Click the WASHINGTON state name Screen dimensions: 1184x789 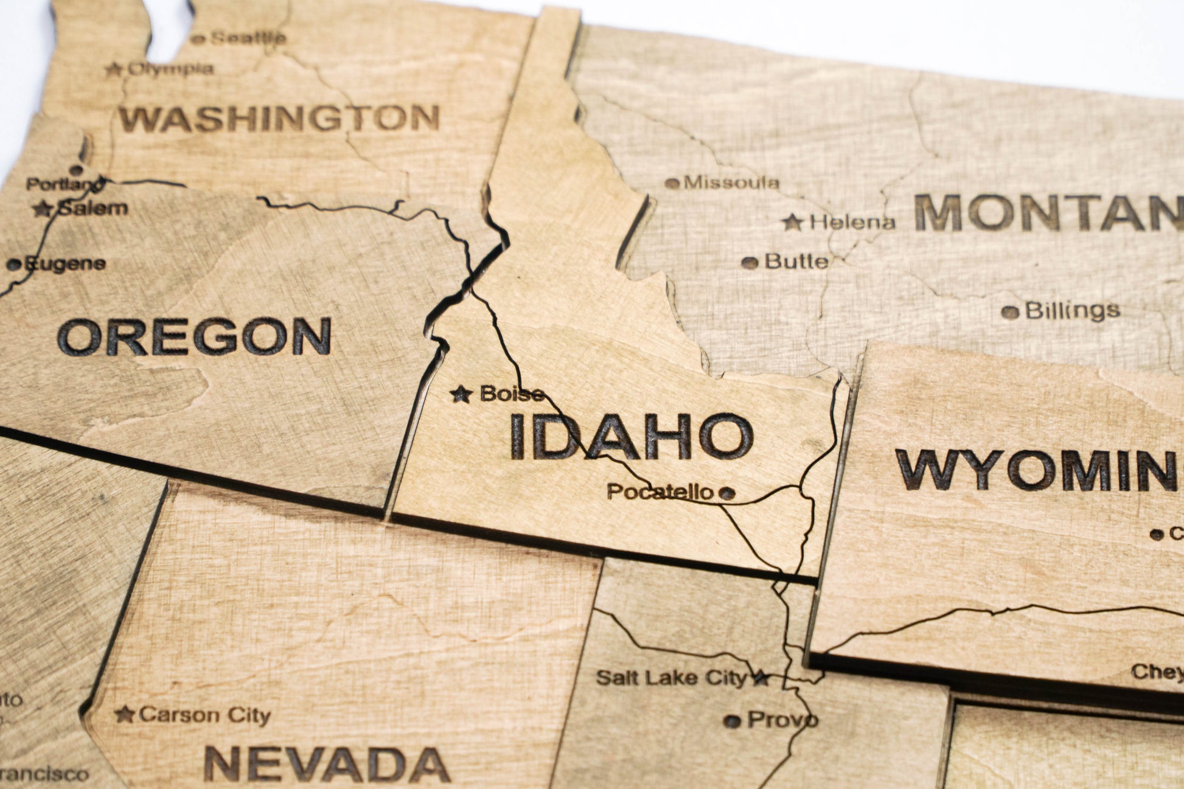tap(279, 119)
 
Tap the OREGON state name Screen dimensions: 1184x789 tap(194, 336)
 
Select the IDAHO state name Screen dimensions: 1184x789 tap(631, 436)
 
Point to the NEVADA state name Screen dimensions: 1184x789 tap(327, 764)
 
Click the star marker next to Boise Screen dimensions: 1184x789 tap(461, 395)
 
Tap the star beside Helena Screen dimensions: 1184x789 tap(792, 223)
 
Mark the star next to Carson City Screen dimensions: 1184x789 tap(124, 714)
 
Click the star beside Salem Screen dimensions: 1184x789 tap(42, 209)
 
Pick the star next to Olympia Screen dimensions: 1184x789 tap(113, 69)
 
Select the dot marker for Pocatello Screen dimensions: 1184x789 tap(726, 493)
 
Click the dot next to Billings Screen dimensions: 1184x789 tap(1010, 313)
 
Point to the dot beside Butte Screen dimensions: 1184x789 tap(750, 263)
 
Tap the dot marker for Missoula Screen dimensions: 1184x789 tap(672, 183)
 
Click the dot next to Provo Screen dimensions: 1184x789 tap(733, 721)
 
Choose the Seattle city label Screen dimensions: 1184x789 tap(247, 38)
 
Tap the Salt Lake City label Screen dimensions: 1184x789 tap(671, 678)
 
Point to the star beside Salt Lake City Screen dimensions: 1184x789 tap(761, 678)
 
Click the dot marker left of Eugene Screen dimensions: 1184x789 tap(13, 265)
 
